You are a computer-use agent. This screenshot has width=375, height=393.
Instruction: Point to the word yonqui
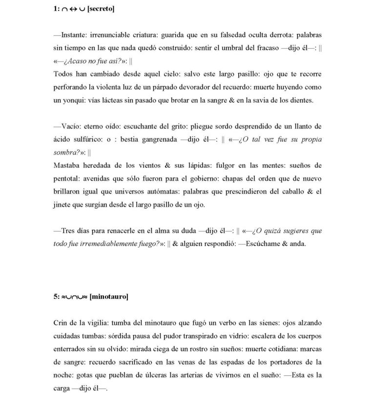coord(65,100)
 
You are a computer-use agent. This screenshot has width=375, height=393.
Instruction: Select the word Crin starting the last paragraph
coord(59,323)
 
